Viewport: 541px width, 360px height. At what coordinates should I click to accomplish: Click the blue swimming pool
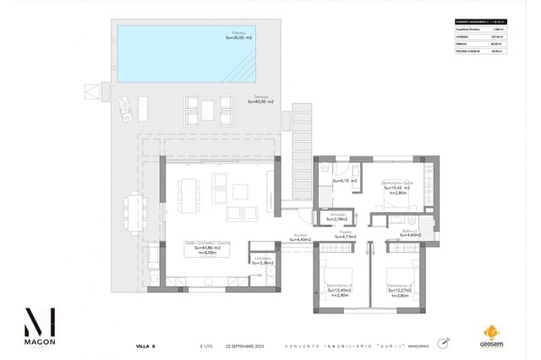point(174,53)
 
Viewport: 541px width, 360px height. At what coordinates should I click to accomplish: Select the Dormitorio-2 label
point(399,288)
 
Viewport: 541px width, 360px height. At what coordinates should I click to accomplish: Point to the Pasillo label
point(346,234)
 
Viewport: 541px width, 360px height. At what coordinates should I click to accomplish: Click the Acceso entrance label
point(300,237)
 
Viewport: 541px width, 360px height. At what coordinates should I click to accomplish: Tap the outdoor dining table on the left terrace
point(136,210)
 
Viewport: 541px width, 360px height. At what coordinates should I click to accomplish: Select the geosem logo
point(490,335)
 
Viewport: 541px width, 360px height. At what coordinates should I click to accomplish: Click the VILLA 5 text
point(146,346)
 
